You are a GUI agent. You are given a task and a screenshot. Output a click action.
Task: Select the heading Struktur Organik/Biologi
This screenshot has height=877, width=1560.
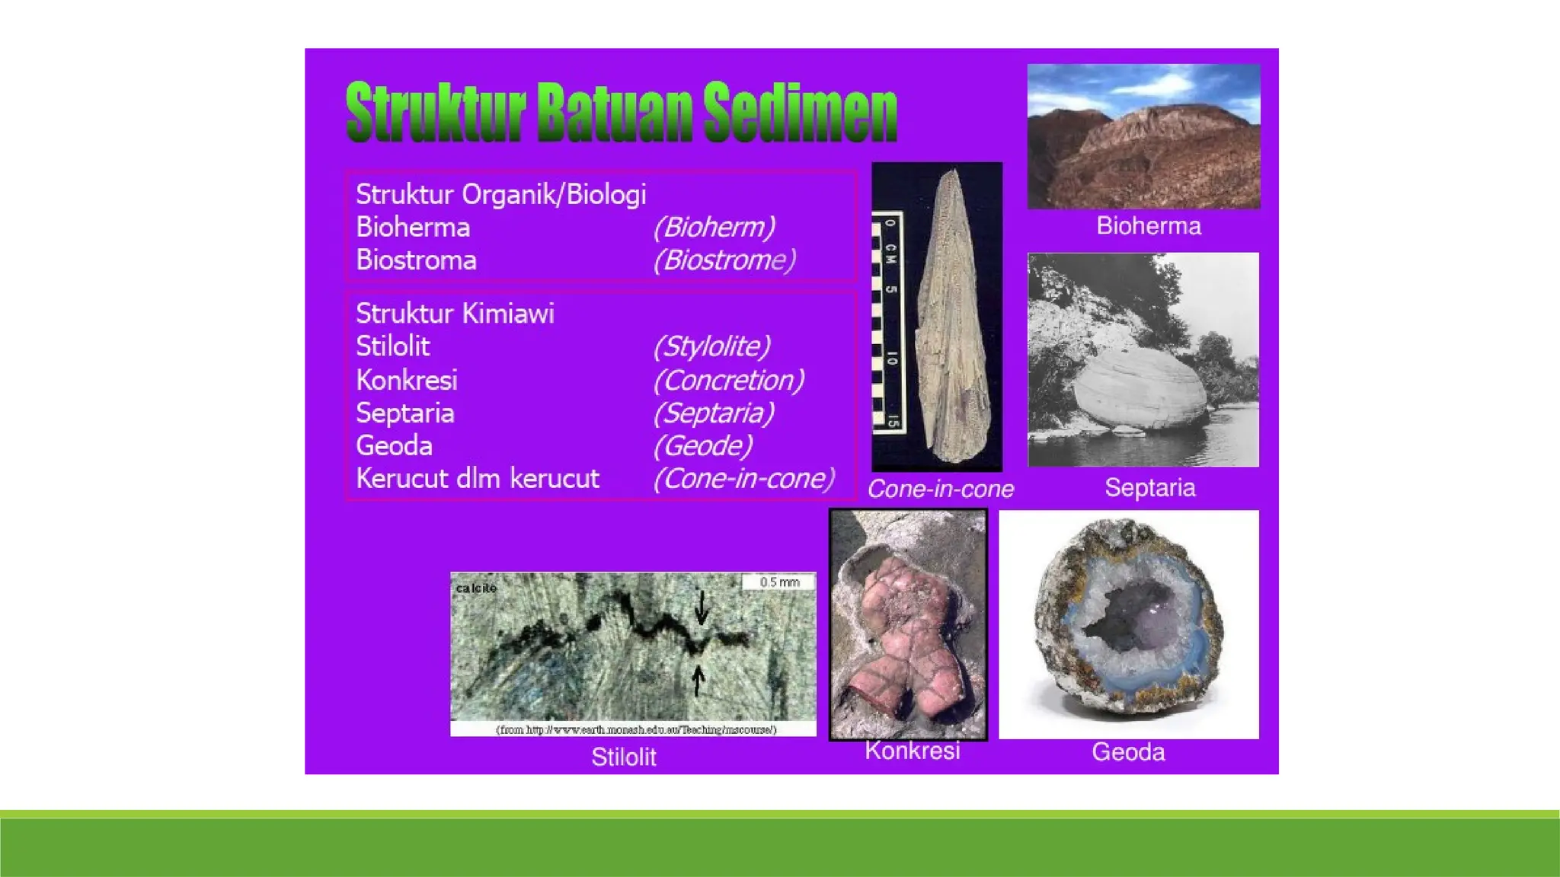click(500, 195)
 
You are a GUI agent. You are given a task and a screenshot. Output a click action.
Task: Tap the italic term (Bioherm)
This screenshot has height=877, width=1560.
click(714, 227)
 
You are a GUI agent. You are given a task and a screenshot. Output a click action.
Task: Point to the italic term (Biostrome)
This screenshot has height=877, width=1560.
click(724, 260)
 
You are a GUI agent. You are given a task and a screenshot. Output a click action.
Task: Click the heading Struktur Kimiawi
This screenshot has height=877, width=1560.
click(455, 314)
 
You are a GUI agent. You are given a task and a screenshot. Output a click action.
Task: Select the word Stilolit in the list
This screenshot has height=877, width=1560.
click(392, 346)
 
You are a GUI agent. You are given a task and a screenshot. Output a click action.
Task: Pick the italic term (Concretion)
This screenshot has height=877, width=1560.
click(729, 380)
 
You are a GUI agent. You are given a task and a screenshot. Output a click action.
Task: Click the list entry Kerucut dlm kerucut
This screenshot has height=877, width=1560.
click(478, 479)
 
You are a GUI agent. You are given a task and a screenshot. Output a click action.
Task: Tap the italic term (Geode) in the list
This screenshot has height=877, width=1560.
click(702, 445)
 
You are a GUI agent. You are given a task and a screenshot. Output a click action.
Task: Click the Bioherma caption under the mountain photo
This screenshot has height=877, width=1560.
click(1148, 226)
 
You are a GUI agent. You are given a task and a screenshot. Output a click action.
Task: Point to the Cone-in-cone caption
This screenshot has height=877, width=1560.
click(941, 489)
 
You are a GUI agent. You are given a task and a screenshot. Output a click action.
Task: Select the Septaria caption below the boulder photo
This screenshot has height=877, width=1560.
click(1149, 487)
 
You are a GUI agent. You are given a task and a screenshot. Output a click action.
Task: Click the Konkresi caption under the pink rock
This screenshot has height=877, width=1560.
click(912, 751)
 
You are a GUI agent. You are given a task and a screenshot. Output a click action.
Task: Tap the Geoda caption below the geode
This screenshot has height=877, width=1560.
click(1128, 752)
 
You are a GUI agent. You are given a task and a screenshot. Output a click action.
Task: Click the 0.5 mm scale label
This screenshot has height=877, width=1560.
click(779, 582)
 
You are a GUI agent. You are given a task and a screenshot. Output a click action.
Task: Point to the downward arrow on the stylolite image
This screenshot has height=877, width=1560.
click(702, 608)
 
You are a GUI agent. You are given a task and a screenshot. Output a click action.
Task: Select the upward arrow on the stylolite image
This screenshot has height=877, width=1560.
click(698, 680)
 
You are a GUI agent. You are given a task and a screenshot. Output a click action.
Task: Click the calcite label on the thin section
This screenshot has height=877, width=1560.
click(476, 588)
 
